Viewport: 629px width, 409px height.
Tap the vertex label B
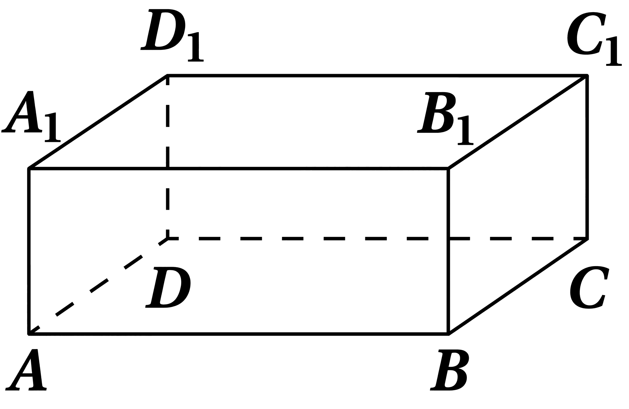point(449,371)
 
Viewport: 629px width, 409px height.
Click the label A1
point(31,116)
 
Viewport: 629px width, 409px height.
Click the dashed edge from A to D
point(99,286)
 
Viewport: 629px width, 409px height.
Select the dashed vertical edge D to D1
point(168,157)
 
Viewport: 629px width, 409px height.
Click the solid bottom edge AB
point(238,334)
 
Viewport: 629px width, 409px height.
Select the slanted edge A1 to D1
point(98,122)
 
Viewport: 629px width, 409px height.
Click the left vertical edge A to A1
point(29,251)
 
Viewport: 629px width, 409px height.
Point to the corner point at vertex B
point(448,334)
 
